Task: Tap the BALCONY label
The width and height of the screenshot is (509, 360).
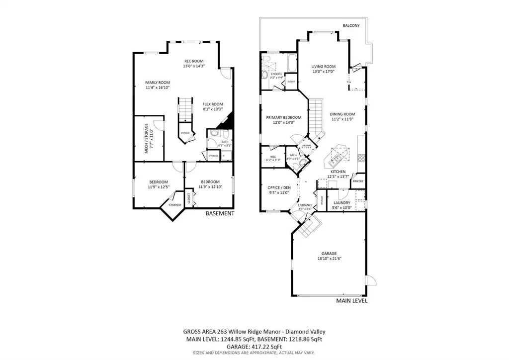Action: click(351, 25)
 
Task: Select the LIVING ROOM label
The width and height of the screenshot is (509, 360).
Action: click(324, 67)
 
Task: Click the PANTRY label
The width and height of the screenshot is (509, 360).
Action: click(358, 181)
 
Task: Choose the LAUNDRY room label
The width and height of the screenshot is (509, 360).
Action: click(341, 203)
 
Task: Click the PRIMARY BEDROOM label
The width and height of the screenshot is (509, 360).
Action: click(283, 117)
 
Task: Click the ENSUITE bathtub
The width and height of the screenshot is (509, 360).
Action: click(290, 64)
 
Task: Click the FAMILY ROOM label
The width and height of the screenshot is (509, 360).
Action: click(158, 83)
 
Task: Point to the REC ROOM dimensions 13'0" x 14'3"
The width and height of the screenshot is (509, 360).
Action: click(194, 66)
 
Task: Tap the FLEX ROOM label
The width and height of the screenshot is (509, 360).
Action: click(212, 104)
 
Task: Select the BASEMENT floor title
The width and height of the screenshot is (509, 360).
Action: click(220, 213)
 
